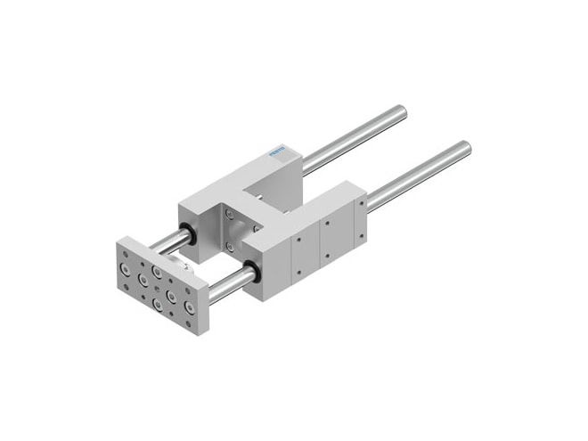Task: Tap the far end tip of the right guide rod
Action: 465,147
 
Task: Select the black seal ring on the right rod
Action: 252,271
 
